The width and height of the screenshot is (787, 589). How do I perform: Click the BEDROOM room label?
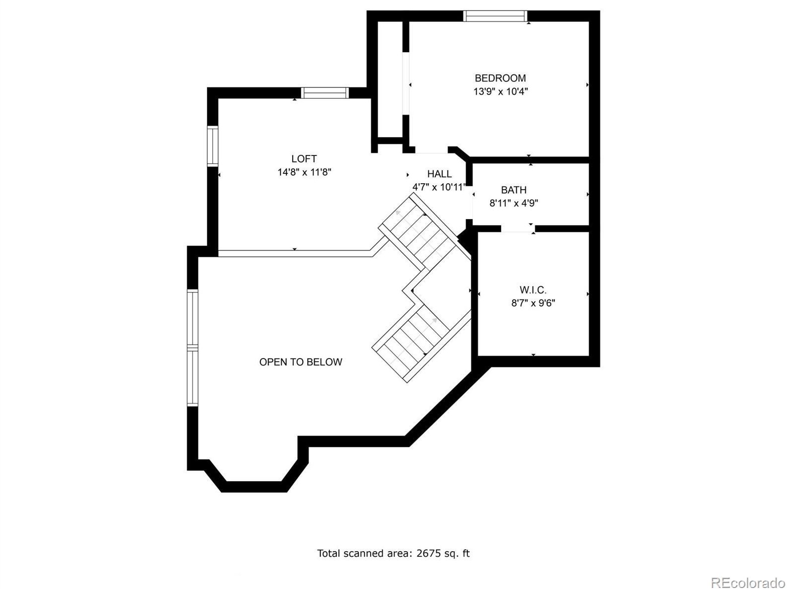pyautogui.click(x=500, y=78)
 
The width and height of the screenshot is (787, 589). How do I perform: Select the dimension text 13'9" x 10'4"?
pyautogui.click(x=500, y=91)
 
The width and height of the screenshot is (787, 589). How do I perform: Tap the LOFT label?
pyautogui.click(x=304, y=159)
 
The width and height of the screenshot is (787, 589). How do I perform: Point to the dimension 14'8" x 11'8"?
pyautogui.click(x=304, y=172)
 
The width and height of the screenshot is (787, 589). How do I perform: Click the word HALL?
pyautogui.click(x=439, y=174)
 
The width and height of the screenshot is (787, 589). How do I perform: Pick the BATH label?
pyautogui.click(x=514, y=190)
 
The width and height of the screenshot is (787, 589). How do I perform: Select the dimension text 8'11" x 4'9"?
pyautogui.click(x=514, y=203)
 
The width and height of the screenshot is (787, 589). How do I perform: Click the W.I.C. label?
pyautogui.click(x=533, y=290)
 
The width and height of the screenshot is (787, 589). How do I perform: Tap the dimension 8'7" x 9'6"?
pyautogui.click(x=533, y=303)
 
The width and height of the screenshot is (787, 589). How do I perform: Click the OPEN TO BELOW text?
pyautogui.click(x=301, y=362)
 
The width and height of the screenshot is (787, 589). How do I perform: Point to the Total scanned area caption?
pyautogui.click(x=393, y=553)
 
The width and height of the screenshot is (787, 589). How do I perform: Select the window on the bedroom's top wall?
pyautogui.click(x=495, y=16)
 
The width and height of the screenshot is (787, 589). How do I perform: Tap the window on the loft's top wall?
pyautogui.click(x=325, y=93)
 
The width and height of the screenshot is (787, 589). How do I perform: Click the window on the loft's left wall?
pyautogui.click(x=212, y=146)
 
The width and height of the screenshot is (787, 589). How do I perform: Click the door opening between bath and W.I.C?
pyautogui.click(x=517, y=228)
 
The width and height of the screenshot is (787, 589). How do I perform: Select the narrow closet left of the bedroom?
pyautogui.click(x=390, y=79)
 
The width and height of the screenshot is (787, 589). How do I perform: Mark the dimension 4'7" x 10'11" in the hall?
pyautogui.click(x=439, y=187)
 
